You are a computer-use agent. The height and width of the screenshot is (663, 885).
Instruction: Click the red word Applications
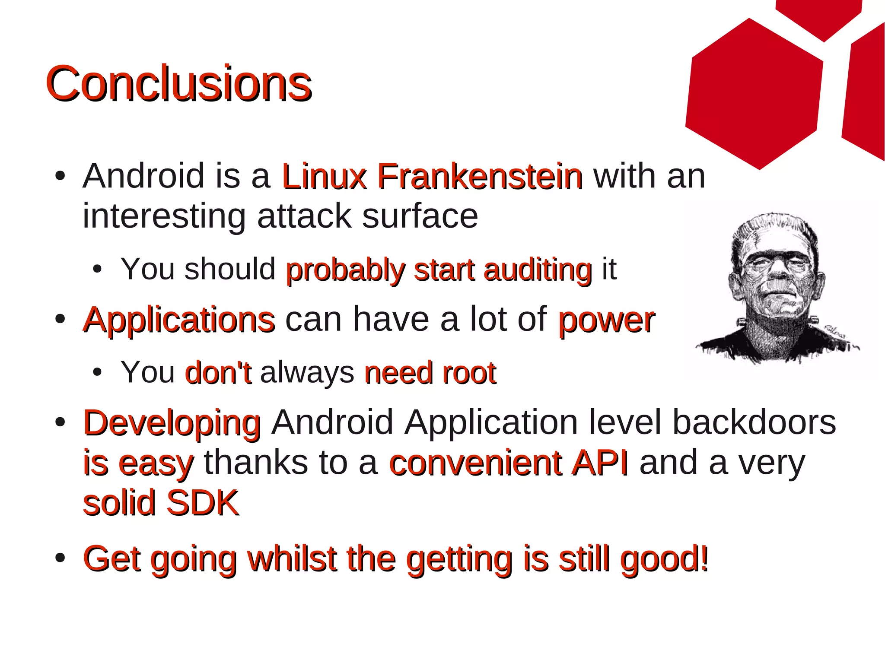point(179,320)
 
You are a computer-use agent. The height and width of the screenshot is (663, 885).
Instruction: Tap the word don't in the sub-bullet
point(218,372)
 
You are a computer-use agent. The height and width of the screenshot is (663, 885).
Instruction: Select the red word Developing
point(172,423)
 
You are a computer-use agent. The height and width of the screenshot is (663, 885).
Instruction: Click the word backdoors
point(754,422)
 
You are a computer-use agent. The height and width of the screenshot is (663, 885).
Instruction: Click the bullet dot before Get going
point(60,558)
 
